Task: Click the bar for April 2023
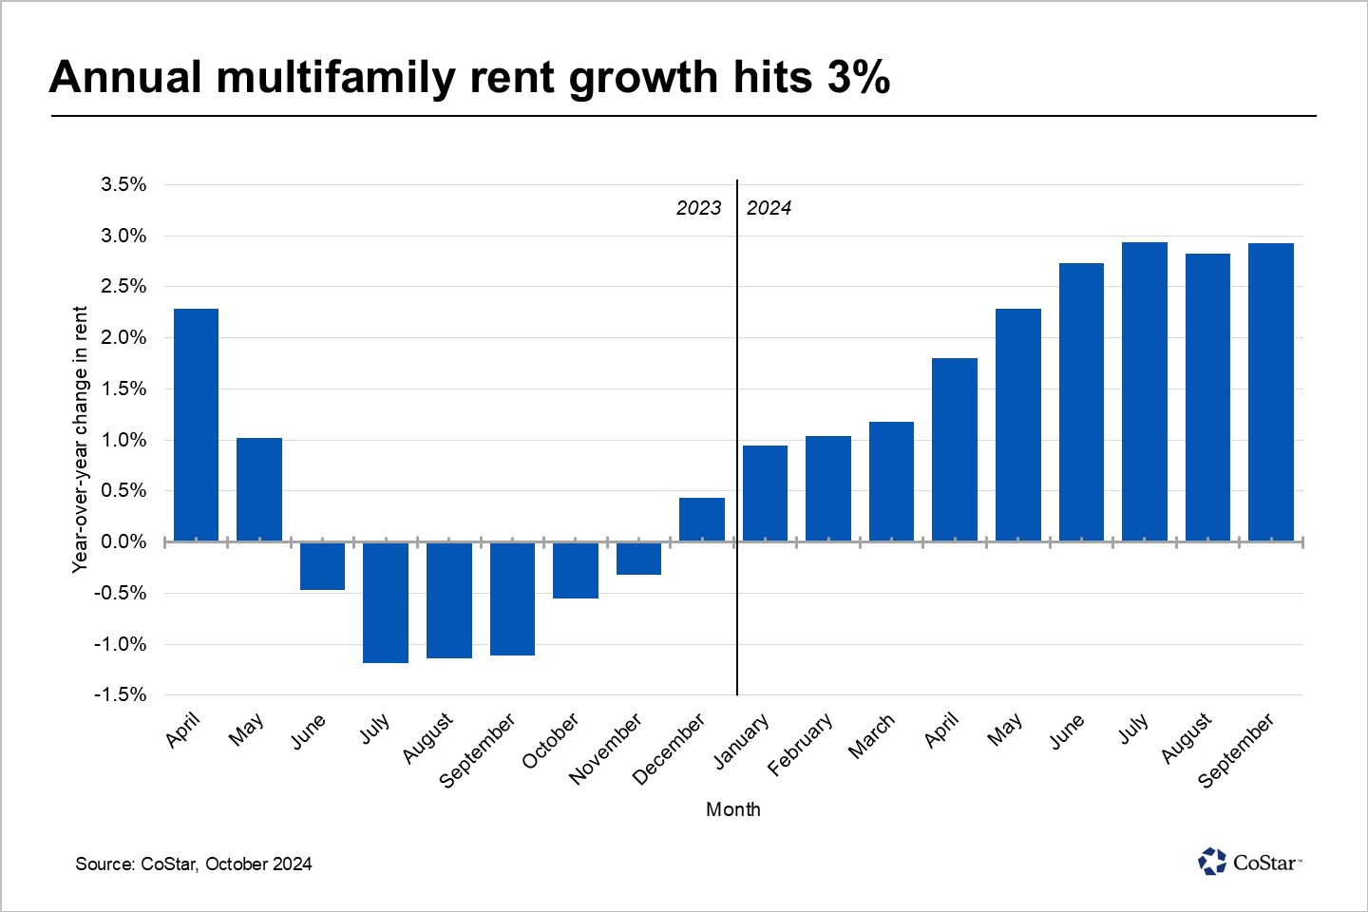click(x=196, y=425)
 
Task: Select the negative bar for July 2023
click(x=386, y=602)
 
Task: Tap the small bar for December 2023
click(x=702, y=520)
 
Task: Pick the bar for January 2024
click(x=765, y=493)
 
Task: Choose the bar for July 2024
click(x=1145, y=391)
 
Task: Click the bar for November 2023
click(x=638, y=559)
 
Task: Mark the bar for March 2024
click(x=891, y=482)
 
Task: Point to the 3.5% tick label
click(x=123, y=184)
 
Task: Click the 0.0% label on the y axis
click(x=123, y=541)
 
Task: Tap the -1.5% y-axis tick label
click(x=120, y=694)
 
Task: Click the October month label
click(x=550, y=741)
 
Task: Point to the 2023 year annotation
click(x=698, y=208)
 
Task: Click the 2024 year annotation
click(x=769, y=208)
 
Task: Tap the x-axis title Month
click(x=732, y=809)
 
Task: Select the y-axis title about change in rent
click(x=80, y=439)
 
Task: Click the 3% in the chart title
click(x=859, y=77)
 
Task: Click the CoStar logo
click(x=1249, y=862)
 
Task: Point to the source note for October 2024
click(x=194, y=864)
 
